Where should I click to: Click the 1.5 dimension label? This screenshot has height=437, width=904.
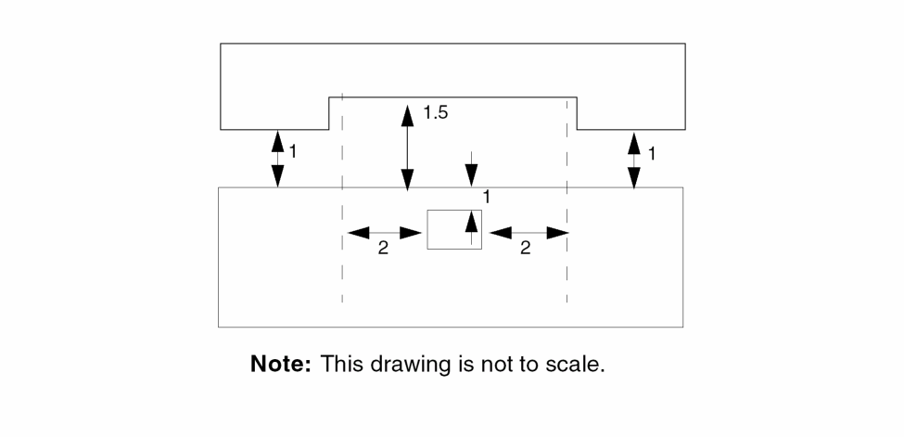pyautogui.click(x=436, y=113)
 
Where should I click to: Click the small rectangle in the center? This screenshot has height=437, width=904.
pyautogui.click(x=453, y=229)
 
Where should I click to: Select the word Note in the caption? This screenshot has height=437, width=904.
pyautogui.click(x=280, y=365)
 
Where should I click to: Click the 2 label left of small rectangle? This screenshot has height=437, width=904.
pyautogui.click(x=383, y=250)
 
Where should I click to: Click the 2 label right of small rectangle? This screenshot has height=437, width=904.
pyautogui.click(x=526, y=250)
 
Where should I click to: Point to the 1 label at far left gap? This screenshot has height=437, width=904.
pyautogui.click(x=293, y=150)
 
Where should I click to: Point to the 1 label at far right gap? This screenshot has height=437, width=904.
pyautogui.click(x=652, y=153)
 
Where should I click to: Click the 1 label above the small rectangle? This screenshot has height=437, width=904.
pyautogui.click(x=486, y=196)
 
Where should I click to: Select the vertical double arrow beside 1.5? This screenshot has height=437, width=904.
pyautogui.click(x=407, y=148)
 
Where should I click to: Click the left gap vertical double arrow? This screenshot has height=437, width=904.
pyautogui.click(x=277, y=159)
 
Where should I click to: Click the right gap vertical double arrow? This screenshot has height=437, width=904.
pyautogui.click(x=634, y=160)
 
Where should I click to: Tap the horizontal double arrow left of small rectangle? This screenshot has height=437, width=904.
pyautogui.click(x=385, y=232)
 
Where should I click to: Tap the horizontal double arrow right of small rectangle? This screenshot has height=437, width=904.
pyautogui.click(x=528, y=232)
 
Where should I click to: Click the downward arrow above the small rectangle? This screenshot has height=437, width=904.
pyautogui.click(x=472, y=169)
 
